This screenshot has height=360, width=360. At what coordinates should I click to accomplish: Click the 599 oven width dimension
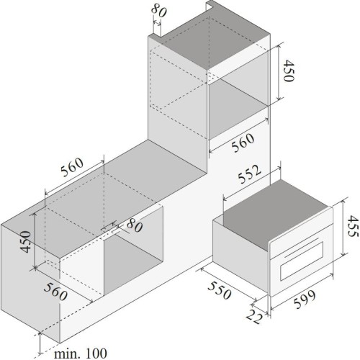pyautogui.click(x=305, y=300)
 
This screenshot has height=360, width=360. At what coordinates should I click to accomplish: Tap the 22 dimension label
pyautogui.click(x=254, y=317)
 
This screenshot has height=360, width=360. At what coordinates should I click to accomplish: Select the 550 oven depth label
pyautogui.click(x=220, y=291)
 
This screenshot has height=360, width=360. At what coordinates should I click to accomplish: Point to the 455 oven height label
pyautogui.click(x=354, y=226)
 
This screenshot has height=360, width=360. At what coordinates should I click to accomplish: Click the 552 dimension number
pyautogui.click(x=249, y=174)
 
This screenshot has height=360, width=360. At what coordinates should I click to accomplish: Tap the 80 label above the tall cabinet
pyautogui.click(x=159, y=11)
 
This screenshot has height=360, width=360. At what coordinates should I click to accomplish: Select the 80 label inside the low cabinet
pyautogui.click(x=135, y=225)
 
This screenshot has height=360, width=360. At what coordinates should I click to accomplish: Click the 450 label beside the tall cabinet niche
pyautogui.click(x=288, y=71)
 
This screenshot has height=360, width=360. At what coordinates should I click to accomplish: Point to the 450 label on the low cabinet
pyautogui.click(x=26, y=241)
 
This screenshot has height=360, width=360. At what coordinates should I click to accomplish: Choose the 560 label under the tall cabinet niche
pyautogui.click(x=243, y=143)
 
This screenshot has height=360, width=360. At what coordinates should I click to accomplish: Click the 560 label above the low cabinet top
pyautogui.click(x=72, y=167)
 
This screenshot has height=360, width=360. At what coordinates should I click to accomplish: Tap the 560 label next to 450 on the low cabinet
pyautogui.click(x=55, y=292)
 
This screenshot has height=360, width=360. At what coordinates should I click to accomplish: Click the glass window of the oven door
pyautogui.click(x=302, y=261)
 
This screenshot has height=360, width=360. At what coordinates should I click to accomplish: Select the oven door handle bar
pyautogui.click(x=302, y=248)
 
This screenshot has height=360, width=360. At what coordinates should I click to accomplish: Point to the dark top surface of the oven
pyautogui.click(x=276, y=213)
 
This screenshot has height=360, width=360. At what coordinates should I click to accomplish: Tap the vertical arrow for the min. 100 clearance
pyautogui.click(x=40, y=344)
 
